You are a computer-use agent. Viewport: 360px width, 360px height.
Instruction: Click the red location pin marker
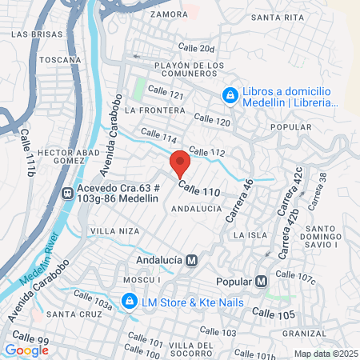tap(180, 163)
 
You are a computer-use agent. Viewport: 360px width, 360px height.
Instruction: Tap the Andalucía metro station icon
tap(191, 260)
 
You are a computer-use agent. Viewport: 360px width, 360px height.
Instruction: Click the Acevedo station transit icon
tap(67, 192)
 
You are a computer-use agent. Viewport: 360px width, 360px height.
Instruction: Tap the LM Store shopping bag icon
tap(127, 301)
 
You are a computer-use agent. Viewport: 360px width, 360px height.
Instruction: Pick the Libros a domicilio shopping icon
tap(230, 95)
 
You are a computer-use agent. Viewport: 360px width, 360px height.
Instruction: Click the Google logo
tap(26, 350)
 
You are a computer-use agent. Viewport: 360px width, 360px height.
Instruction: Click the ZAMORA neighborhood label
tap(168, 14)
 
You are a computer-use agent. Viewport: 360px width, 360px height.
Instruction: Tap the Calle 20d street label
tap(197, 49)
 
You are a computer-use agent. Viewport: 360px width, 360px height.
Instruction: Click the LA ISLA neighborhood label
tap(249, 235)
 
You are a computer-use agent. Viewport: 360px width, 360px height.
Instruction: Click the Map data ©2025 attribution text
tap(325, 354)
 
